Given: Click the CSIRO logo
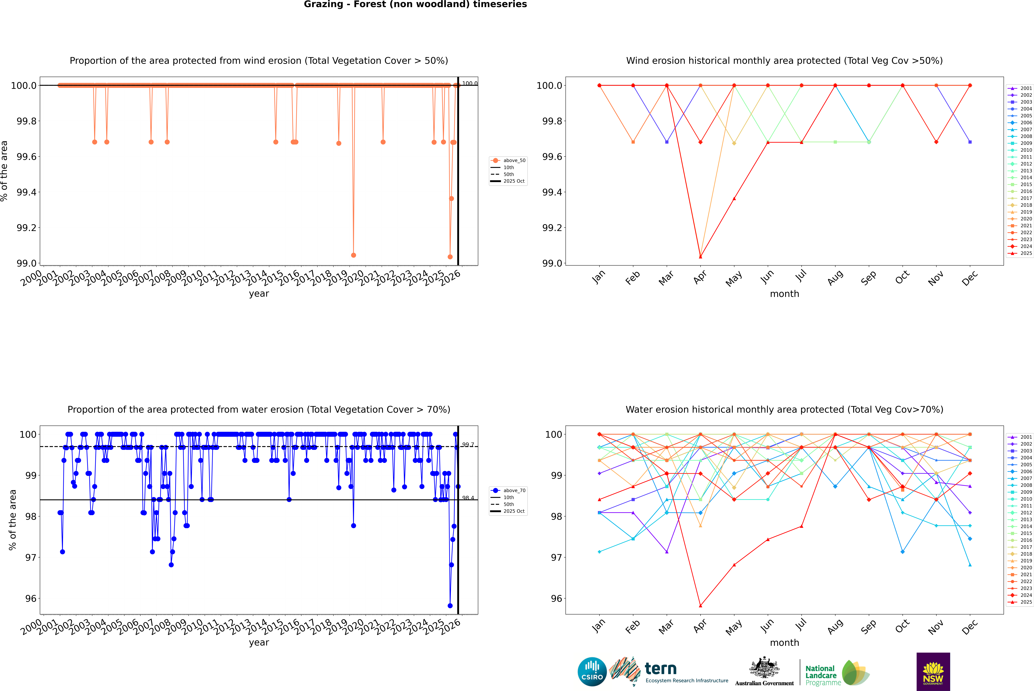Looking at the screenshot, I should tap(592, 672).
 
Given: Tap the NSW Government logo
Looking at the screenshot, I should tap(933, 672).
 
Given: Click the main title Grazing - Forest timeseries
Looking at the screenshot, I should tap(415, 4).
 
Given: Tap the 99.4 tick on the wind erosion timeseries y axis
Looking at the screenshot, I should tap(26, 192).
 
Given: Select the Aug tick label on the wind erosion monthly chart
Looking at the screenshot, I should tap(835, 278).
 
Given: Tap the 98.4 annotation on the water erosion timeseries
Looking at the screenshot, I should tap(468, 498).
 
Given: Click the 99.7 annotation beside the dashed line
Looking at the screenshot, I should tap(468, 445).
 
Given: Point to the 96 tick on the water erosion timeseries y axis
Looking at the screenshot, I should tap(31, 598).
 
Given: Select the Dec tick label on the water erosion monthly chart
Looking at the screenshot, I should tap(970, 627).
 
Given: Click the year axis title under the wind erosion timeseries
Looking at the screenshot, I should tap(259, 294).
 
